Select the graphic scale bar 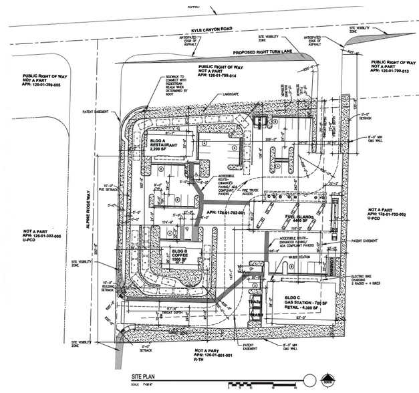pyautogui.click(x=261, y=385)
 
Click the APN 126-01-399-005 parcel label pyautogui.click(x=41, y=81)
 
